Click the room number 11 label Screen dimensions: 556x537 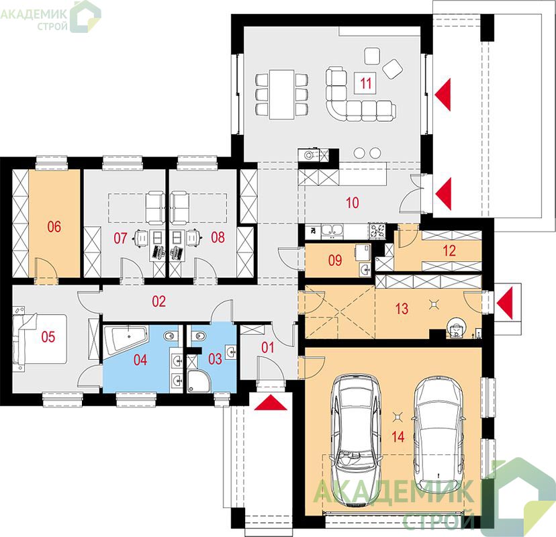click(x=366, y=83)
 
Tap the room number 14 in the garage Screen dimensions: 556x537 click(x=398, y=437)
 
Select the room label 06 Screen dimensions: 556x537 click(x=54, y=227)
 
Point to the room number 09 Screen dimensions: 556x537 click(x=334, y=260)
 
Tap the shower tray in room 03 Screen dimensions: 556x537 click(x=198, y=381)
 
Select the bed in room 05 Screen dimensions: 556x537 click(x=40, y=338)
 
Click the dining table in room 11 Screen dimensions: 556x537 click(x=281, y=94)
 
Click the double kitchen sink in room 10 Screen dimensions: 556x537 click(x=332, y=231)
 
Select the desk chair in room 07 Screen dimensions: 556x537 click(x=142, y=238)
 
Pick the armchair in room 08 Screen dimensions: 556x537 click(x=180, y=208)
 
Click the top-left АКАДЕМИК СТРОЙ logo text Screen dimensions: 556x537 click(x=34, y=19)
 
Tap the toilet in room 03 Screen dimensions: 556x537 click(x=199, y=336)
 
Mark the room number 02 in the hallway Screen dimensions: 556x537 click(x=159, y=301)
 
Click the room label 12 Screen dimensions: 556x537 click(x=449, y=251)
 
